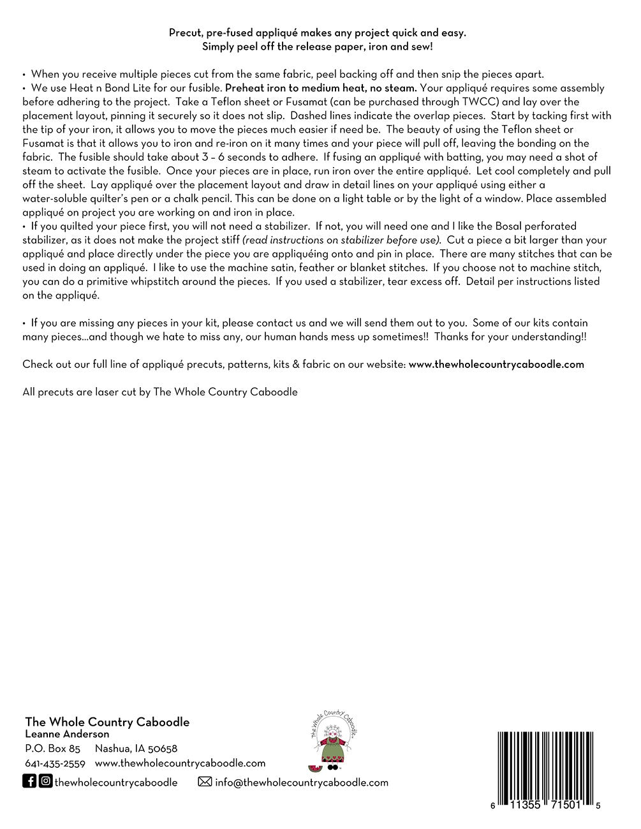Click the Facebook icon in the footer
[x=29, y=781]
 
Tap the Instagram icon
[x=45, y=781]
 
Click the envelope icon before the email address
[x=205, y=782]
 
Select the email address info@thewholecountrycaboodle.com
[x=301, y=782]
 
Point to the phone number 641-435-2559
[x=55, y=763]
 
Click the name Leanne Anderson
[x=67, y=735]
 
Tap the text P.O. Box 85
[x=52, y=749]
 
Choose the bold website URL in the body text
[x=496, y=365]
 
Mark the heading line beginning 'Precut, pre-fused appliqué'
[x=317, y=33]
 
